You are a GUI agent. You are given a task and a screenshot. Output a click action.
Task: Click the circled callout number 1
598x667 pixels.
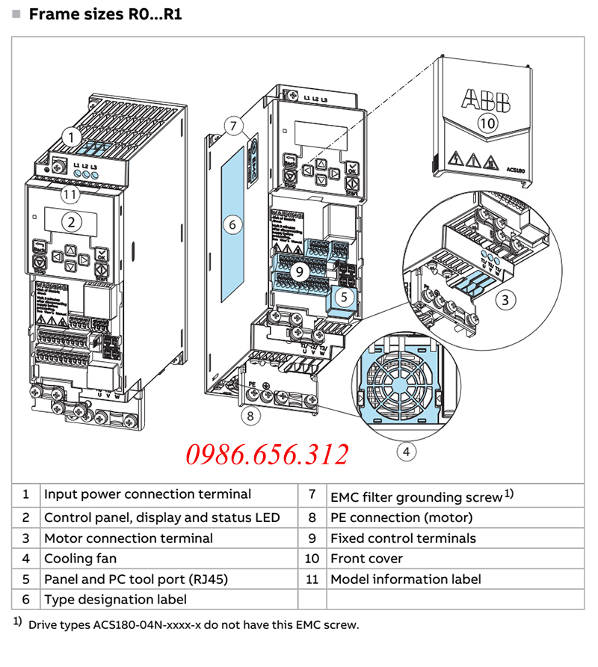click(70, 137)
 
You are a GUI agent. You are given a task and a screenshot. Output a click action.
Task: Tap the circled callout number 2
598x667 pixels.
click(72, 221)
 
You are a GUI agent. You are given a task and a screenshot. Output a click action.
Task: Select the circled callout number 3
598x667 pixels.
click(507, 301)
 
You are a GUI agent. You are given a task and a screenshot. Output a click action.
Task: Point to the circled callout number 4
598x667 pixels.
click(406, 451)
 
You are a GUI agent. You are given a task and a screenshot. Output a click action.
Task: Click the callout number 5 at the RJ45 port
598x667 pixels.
click(343, 296)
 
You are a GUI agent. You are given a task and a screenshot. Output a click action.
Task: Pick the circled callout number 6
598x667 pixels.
click(232, 223)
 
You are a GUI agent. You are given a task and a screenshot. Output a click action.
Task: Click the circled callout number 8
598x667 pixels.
click(250, 414)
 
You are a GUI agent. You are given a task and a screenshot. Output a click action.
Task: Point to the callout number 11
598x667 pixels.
click(70, 194)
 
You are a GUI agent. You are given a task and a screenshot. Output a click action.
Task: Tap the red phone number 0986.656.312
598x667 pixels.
click(267, 455)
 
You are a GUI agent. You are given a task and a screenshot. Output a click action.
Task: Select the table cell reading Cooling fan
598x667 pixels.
click(80, 559)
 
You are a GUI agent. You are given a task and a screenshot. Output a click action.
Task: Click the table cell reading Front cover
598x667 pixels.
click(366, 559)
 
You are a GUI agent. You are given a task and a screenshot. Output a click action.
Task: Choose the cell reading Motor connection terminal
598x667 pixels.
click(128, 538)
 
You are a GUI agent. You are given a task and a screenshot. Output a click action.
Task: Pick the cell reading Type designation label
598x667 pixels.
click(115, 599)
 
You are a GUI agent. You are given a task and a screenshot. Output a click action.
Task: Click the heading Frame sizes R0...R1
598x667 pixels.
click(105, 14)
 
